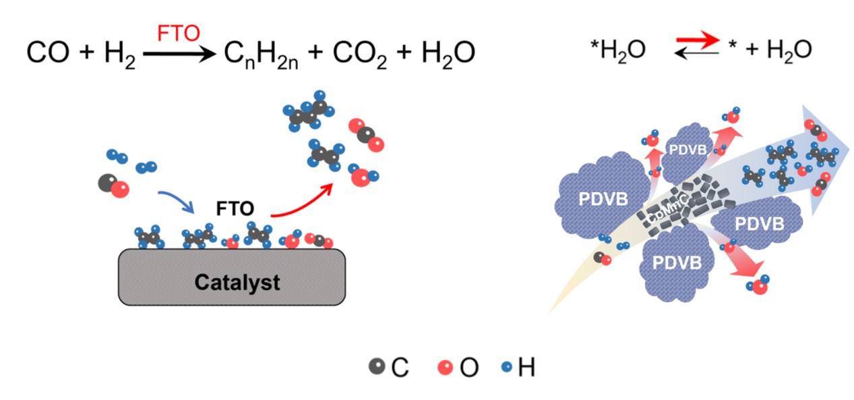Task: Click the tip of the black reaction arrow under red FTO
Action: [216, 54]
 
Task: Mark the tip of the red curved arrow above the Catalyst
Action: [332, 184]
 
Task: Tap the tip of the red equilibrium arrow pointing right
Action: [719, 40]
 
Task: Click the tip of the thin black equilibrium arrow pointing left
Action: [675, 53]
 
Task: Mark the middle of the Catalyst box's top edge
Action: [232, 249]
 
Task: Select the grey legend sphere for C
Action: [377, 366]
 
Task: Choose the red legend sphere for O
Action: [446, 367]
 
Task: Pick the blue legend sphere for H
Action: [507, 367]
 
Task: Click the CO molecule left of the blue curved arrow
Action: [114, 185]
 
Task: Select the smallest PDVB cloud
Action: [688, 152]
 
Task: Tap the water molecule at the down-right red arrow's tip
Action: [758, 285]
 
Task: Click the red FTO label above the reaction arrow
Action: [179, 33]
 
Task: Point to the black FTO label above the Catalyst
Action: [235, 208]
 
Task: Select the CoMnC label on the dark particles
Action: [667, 209]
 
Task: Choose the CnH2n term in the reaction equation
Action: [261, 55]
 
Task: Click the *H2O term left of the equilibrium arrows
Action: [617, 51]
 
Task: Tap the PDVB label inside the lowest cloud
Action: [677, 262]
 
